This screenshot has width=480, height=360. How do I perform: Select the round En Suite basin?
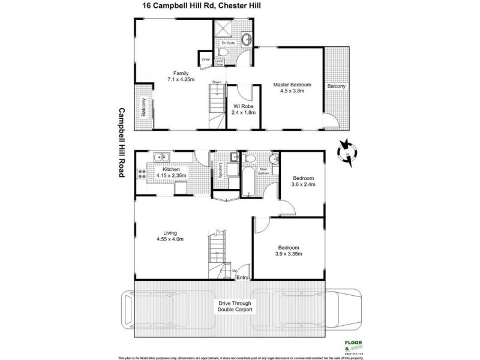click(x=246, y=40)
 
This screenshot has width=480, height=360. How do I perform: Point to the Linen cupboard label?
click(x=205, y=59)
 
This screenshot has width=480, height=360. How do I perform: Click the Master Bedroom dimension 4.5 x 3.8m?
click(x=290, y=92)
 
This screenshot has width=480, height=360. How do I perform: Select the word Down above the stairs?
click(x=217, y=82)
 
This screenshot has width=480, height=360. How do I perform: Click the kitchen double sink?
click(x=160, y=158)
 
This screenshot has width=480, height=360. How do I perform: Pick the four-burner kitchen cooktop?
click(x=142, y=174)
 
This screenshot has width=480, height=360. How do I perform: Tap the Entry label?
click(x=242, y=277)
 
